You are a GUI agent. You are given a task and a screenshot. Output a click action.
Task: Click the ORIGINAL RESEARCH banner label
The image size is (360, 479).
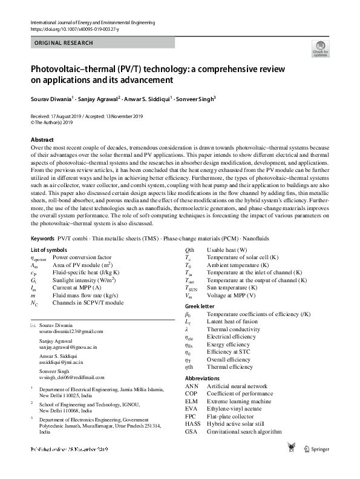point(64,43)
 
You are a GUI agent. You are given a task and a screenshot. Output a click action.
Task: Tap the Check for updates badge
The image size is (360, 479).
point(320,49)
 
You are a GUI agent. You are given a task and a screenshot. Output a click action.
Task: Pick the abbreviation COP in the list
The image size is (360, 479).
point(192,393)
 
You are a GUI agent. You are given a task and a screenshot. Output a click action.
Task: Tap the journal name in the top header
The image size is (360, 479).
point(93,22)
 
